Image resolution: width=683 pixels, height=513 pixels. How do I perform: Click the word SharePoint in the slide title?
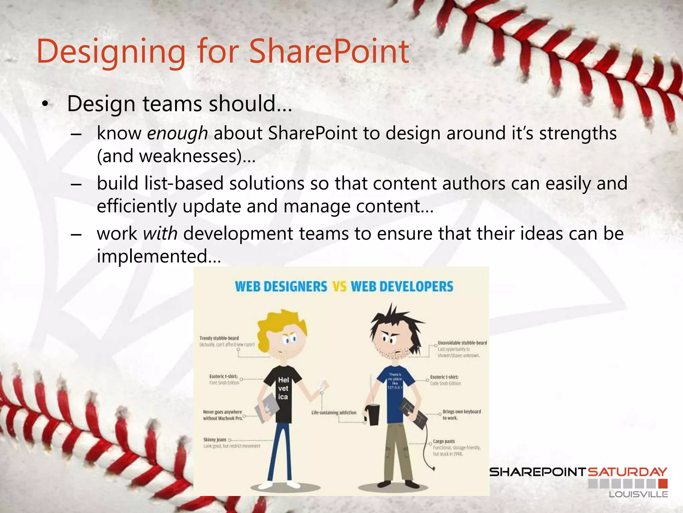click(329, 52)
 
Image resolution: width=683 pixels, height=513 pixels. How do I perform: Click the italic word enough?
click(177, 134)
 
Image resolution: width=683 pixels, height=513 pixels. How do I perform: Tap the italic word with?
click(160, 233)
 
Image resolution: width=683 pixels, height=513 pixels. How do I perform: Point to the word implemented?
click(152, 256)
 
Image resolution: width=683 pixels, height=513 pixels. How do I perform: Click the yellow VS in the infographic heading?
click(339, 287)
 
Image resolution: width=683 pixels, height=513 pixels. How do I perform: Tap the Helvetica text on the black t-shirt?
click(283, 388)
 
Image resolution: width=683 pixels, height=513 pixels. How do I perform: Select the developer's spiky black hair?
click(394, 321)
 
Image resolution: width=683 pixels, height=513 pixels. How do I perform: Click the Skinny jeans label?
click(215, 440)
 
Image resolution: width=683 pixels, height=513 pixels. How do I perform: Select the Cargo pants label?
click(444, 442)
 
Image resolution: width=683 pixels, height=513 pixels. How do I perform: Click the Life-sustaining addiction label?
click(334, 413)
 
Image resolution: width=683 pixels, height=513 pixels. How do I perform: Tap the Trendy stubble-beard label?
click(219, 338)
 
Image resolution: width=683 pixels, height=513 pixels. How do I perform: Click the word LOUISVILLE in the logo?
click(638, 494)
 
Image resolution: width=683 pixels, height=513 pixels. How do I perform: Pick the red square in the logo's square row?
click(663, 484)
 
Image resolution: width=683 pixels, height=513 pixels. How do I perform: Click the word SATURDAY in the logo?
click(627, 472)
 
